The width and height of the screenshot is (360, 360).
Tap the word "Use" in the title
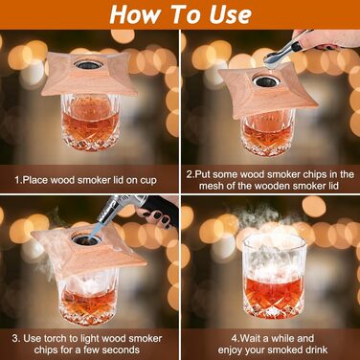point(230,14)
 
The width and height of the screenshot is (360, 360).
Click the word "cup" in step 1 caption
point(148,181)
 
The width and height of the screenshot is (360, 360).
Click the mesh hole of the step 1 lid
point(88,64)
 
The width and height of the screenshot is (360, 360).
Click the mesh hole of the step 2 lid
point(267,81)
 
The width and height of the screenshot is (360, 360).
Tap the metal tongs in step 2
point(285,52)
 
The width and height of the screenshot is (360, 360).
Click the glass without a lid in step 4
point(275,277)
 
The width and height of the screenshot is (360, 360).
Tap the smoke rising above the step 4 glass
point(271,220)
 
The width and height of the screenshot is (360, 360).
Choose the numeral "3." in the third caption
point(16,338)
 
